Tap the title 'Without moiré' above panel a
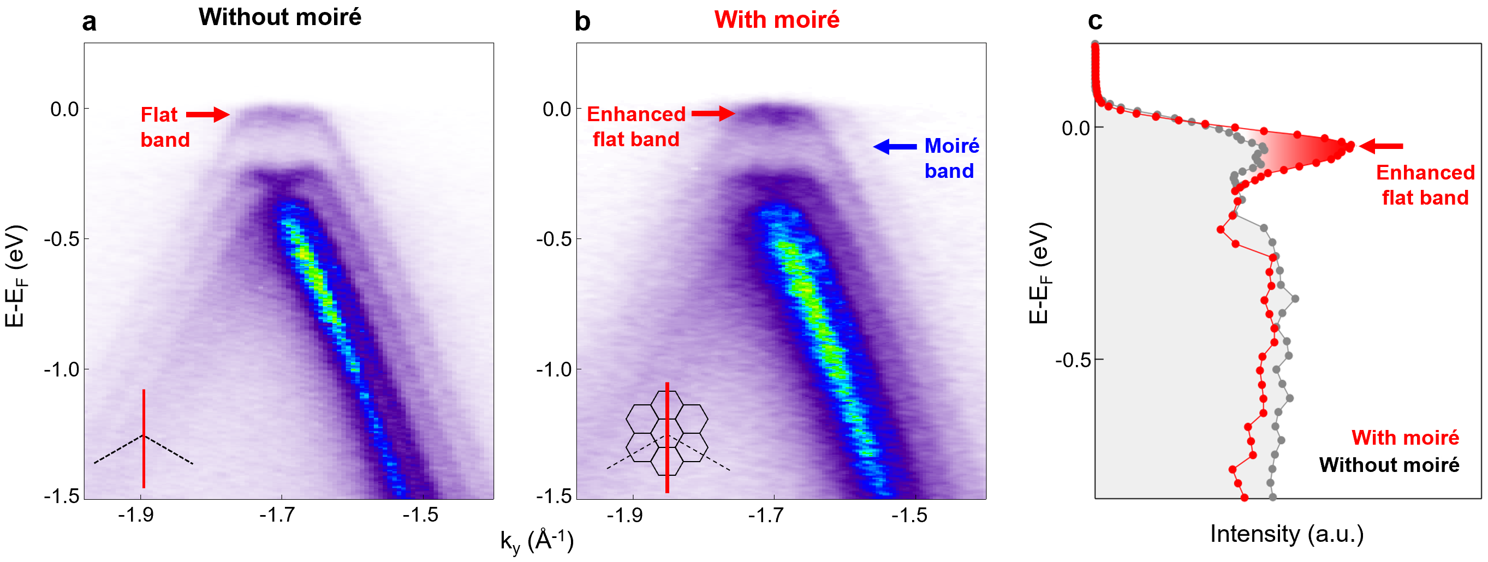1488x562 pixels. pyautogui.click(x=279, y=17)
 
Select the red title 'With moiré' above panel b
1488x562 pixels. pyautogui.click(x=776, y=20)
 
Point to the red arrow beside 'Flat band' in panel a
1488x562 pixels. pyautogui.click(x=208, y=115)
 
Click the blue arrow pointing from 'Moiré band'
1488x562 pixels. pyautogui.click(x=895, y=147)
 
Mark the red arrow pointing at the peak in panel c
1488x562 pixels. pyautogui.click(x=1381, y=146)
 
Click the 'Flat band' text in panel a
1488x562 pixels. pyautogui.click(x=165, y=127)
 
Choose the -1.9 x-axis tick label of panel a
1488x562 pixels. pyautogui.click(x=136, y=515)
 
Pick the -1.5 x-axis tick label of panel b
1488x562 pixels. pyautogui.click(x=909, y=515)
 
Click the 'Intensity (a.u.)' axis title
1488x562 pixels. pyautogui.click(x=1287, y=534)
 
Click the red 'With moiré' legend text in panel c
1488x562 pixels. pyautogui.click(x=1405, y=438)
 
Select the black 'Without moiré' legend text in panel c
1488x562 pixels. pyautogui.click(x=1389, y=465)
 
